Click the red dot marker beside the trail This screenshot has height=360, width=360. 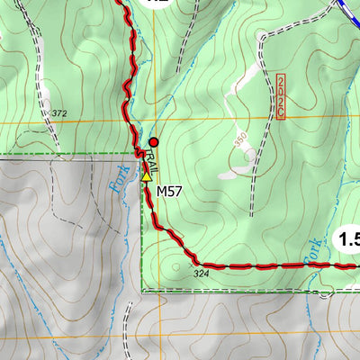[153, 141]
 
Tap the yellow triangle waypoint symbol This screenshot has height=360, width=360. [147, 176]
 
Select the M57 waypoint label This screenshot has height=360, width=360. [170, 191]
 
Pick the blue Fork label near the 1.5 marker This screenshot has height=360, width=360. [311, 254]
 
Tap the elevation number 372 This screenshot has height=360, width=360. [60, 113]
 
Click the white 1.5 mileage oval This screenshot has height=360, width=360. [347, 239]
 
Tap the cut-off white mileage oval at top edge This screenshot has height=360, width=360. [158, 4]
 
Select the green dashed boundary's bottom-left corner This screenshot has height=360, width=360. [143, 292]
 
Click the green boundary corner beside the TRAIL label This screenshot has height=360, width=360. [143, 155]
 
